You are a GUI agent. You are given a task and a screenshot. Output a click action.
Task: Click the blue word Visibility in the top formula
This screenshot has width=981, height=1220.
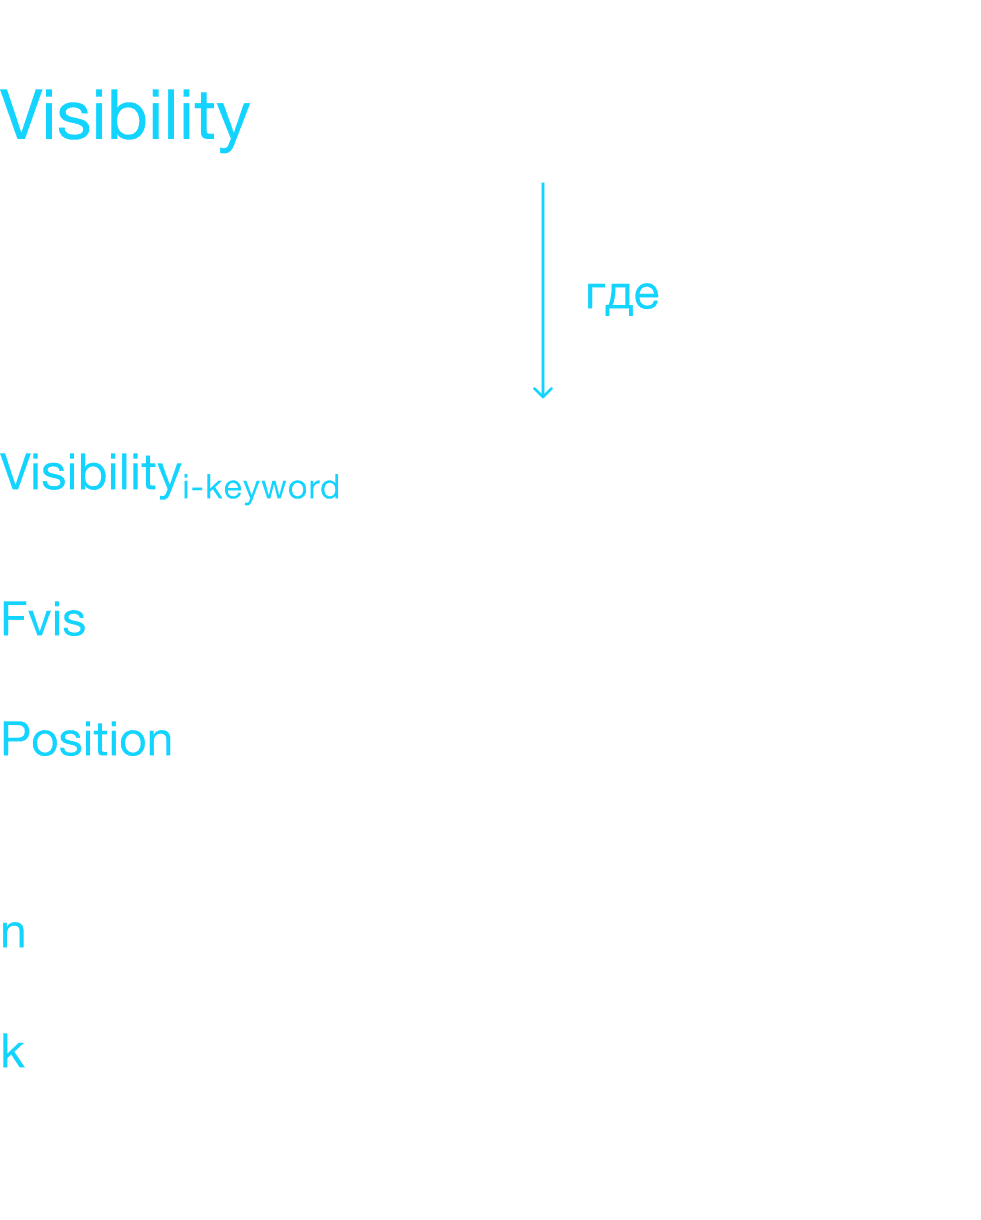tap(125, 116)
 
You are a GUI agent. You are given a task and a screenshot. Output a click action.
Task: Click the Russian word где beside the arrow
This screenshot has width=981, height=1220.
tap(622, 295)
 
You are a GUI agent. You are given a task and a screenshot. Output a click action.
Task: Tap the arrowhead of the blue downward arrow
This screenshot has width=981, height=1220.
tap(543, 390)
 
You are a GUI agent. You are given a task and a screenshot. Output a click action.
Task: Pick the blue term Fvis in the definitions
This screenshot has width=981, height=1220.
tap(43, 620)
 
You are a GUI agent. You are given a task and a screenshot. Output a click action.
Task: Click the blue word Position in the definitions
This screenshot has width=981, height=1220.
tap(86, 741)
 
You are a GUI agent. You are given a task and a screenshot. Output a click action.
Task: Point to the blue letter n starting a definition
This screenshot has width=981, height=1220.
tap(13, 933)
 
